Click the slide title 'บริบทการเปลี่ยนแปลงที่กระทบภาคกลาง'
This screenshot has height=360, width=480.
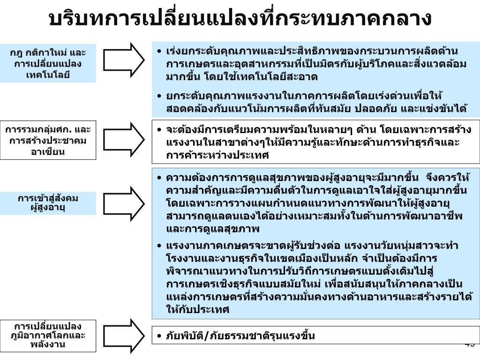coord(240,19)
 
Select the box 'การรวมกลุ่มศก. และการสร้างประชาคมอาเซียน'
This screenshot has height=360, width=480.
coord(48,140)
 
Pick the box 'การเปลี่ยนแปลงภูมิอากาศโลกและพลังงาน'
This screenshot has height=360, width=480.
coord(48,335)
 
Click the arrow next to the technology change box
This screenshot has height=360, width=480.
coord(124,58)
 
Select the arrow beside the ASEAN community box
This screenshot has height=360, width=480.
coord(124,140)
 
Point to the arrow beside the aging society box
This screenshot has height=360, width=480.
coord(124,202)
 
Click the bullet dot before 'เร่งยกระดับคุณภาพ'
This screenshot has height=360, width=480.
coord(160,51)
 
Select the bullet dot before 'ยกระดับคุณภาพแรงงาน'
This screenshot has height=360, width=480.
coord(160,97)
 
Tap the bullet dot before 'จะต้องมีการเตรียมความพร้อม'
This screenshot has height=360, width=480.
coord(160,130)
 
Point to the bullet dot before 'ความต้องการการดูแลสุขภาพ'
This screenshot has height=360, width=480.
coord(160,178)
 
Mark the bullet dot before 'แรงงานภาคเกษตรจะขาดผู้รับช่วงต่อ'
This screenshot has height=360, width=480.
coord(160,246)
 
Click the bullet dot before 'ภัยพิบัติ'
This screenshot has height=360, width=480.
coord(160,336)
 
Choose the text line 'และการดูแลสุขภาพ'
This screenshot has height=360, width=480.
coord(213,229)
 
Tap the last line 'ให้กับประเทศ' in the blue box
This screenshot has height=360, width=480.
coord(197,310)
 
